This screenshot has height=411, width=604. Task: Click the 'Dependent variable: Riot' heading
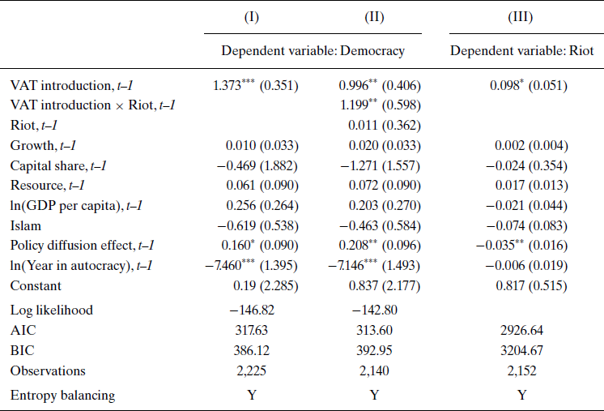[x=521, y=51]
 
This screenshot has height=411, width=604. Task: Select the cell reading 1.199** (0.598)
[x=374, y=105]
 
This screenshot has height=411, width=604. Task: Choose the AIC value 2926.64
[x=521, y=331]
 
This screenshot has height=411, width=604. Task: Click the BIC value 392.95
[x=374, y=351]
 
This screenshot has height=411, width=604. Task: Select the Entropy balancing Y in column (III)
[x=521, y=395]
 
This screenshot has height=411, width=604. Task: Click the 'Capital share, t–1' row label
[x=58, y=165]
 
